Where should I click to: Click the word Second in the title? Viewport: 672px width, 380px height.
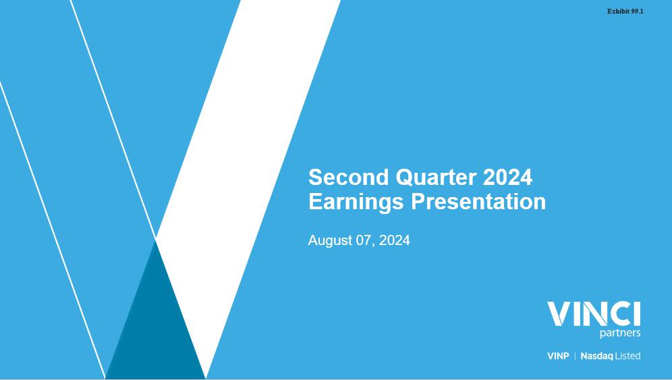348,177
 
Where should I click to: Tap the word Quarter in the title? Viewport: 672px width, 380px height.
436,178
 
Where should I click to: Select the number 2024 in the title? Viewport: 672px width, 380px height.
507,177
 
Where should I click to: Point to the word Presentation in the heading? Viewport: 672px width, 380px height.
478,202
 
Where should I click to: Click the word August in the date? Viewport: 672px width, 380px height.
330,240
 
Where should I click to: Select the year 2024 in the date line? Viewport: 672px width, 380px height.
394,240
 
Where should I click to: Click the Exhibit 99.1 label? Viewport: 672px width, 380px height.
625,11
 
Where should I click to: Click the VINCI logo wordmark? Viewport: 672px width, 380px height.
594,314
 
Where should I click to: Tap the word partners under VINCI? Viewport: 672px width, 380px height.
620,333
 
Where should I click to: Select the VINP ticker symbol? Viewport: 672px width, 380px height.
558,356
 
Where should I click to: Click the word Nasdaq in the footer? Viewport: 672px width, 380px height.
596,356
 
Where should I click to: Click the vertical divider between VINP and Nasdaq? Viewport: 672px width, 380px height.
575,356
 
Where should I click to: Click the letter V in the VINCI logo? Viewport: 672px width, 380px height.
559,314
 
